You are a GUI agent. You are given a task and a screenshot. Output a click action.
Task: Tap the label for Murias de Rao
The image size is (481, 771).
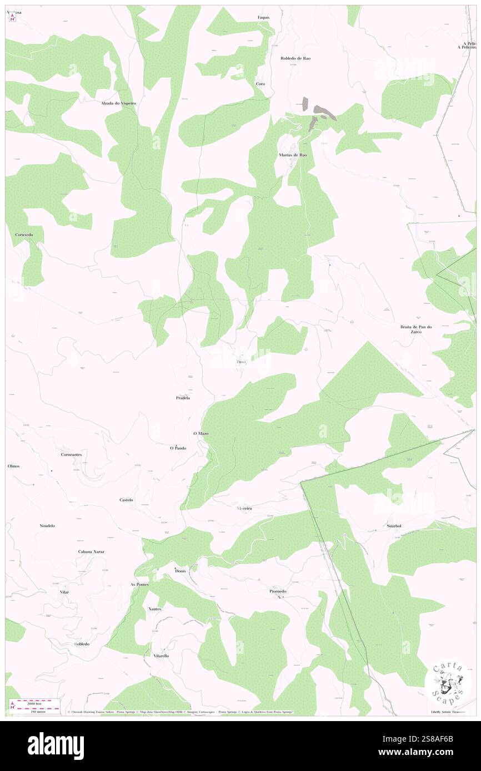click(x=293, y=155)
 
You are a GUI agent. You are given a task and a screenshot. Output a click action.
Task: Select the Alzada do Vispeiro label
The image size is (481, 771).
click(x=118, y=103)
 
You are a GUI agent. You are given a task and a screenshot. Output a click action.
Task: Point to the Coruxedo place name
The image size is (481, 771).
click(x=24, y=235)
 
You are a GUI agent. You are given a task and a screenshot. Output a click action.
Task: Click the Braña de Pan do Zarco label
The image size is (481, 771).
click(x=416, y=329)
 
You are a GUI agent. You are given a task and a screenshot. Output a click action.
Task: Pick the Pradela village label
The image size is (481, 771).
click(x=183, y=398)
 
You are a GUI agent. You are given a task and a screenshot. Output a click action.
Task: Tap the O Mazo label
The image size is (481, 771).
click(x=201, y=433)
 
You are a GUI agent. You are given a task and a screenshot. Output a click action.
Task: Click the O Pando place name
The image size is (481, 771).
click(x=178, y=448)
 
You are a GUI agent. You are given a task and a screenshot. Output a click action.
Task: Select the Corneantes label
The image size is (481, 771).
click(x=72, y=454)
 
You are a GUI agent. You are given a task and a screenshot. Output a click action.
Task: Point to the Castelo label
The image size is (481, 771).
click(x=126, y=500)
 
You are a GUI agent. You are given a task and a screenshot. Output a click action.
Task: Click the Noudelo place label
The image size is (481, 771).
click(x=47, y=525)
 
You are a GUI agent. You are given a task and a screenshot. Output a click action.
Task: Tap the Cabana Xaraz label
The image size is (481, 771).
click(x=91, y=552)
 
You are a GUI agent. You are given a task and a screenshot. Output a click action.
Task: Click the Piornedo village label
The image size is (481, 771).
click(x=278, y=591)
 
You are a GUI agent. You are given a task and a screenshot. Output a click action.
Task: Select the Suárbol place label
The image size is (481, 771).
click(x=394, y=525)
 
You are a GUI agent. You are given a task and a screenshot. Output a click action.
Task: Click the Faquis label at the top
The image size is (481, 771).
click(x=263, y=17)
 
